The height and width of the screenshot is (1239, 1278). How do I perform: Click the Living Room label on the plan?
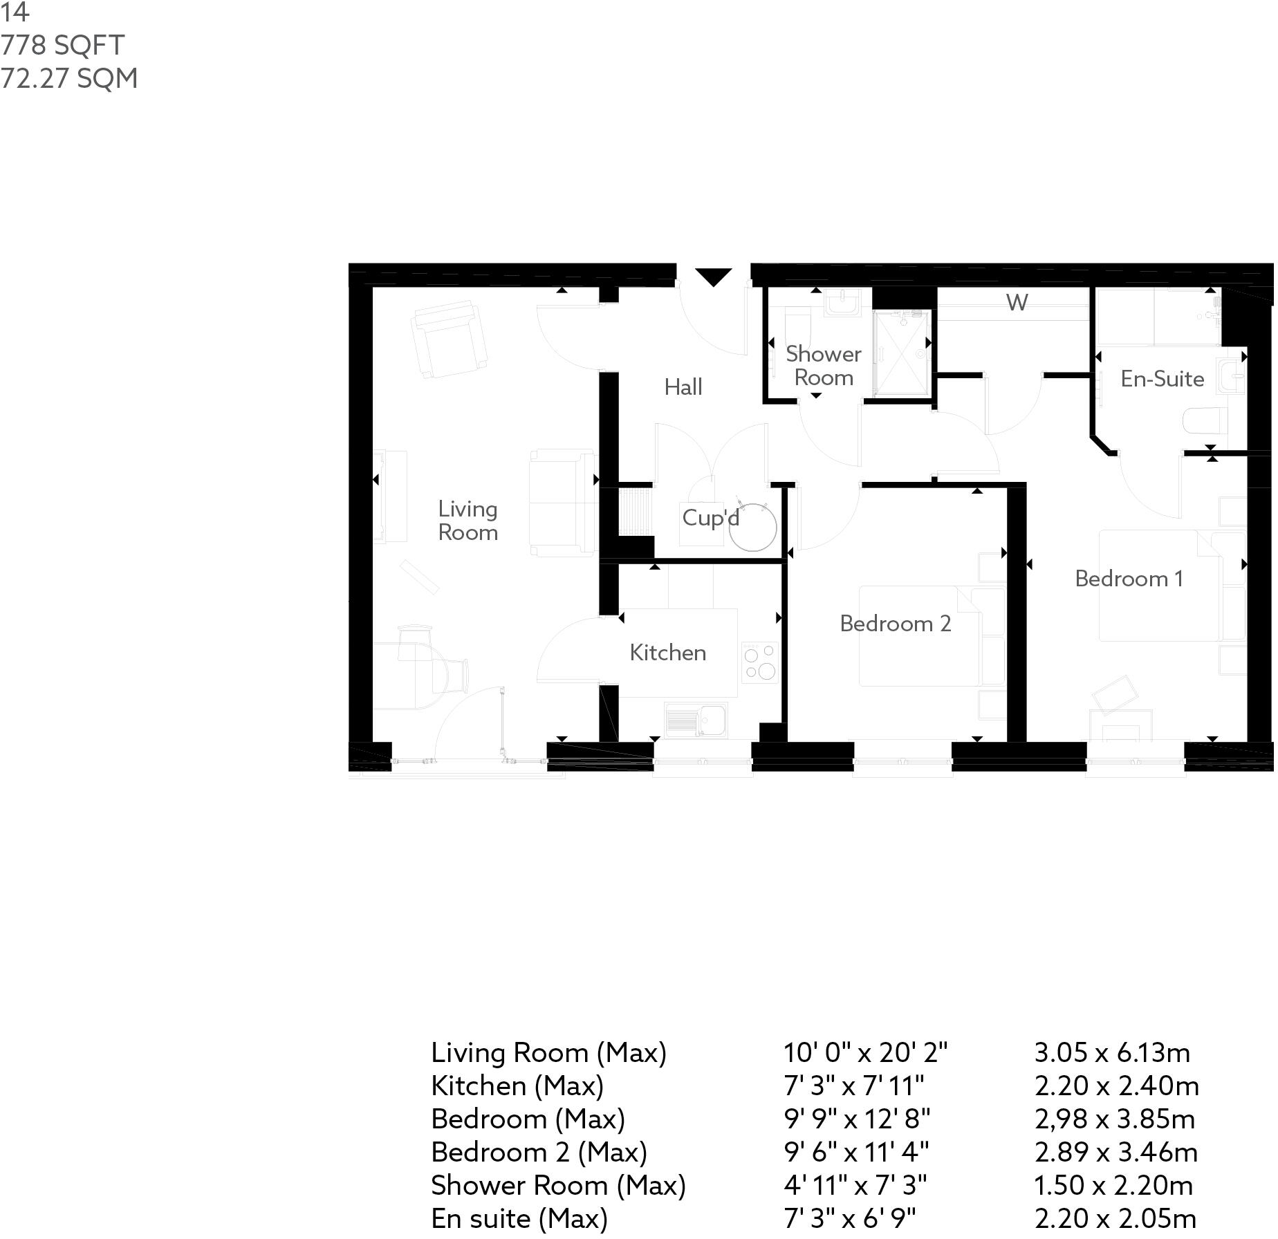pyautogui.click(x=468, y=521)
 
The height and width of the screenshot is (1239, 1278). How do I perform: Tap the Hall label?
pyautogui.click(x=683, y=387)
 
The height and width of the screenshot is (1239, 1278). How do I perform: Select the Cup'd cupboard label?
pyautogui.click(x=710, y=518)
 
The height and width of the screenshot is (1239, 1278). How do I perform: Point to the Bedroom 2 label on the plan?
pyautogui.click(x=896, y=624)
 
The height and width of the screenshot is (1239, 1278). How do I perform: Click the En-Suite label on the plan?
pyautogui.click(x=1163, y=379)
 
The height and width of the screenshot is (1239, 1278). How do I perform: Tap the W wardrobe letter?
pyautogui.click(x=1017, y=303)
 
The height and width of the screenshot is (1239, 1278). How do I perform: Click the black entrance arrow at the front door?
pyautogui.click(x=713, y=277)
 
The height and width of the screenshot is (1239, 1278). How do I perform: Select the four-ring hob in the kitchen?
pyautogui.click(x=759, y=662)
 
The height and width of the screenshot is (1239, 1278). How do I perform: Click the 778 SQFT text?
pyautogui.click(x=62, y=45)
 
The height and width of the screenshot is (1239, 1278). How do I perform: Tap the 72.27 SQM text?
pyautogui.click(x=69, y=78)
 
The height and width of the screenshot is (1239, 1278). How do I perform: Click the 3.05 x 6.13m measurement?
pyautogui.click(x=1112, y=1053)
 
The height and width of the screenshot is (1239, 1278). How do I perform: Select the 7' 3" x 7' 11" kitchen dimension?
pyautogui.click(x=853, y=1086)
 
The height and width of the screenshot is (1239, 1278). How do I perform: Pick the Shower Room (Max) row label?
pyautogui.click(x=558, y=1186)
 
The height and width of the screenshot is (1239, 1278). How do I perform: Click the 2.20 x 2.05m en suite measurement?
pyautogui.click(x=1115, y=1218)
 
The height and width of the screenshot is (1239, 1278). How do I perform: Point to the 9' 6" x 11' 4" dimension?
pyautogui.click(x=856, y=1153)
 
